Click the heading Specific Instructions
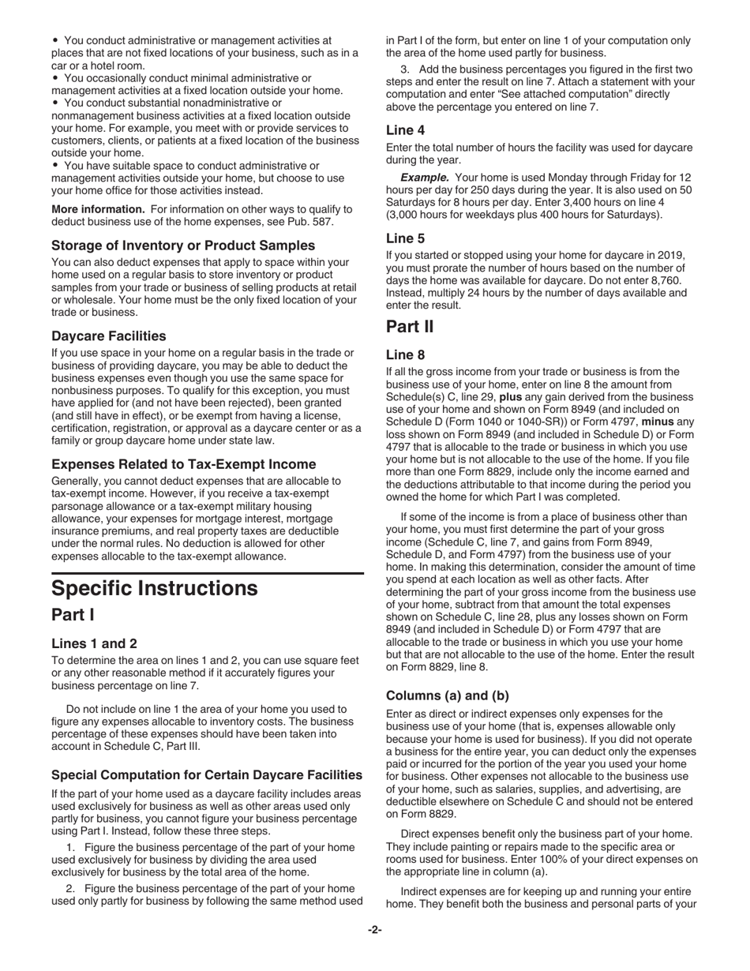click(x=154, y=589)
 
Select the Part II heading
click(x=410, y=325)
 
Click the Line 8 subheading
click(x=406, y=354)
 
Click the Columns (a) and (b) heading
click(x=448, y=695)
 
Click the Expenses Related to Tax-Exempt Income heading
click(x=183, y=463)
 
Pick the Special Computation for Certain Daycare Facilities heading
click(x=207, y=774)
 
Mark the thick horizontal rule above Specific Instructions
click(x=207, y=572)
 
